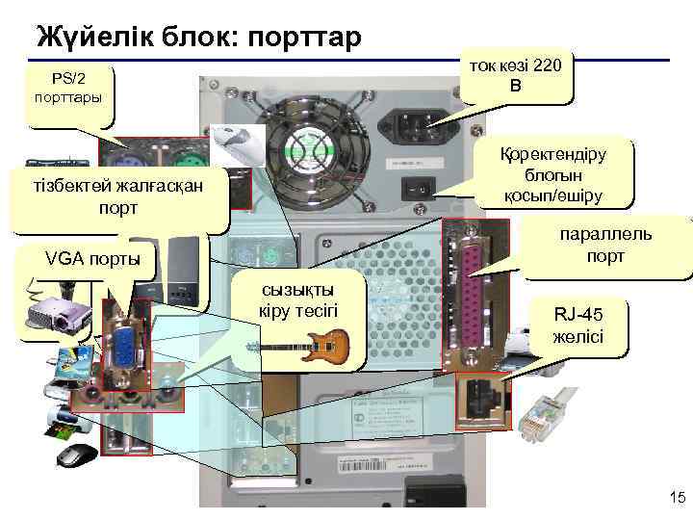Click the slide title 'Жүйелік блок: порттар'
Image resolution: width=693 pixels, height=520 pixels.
tap(198, 38)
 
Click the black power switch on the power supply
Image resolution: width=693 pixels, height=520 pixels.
tap(419, 189)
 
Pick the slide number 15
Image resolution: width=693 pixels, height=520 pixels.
tap(675, 497)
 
